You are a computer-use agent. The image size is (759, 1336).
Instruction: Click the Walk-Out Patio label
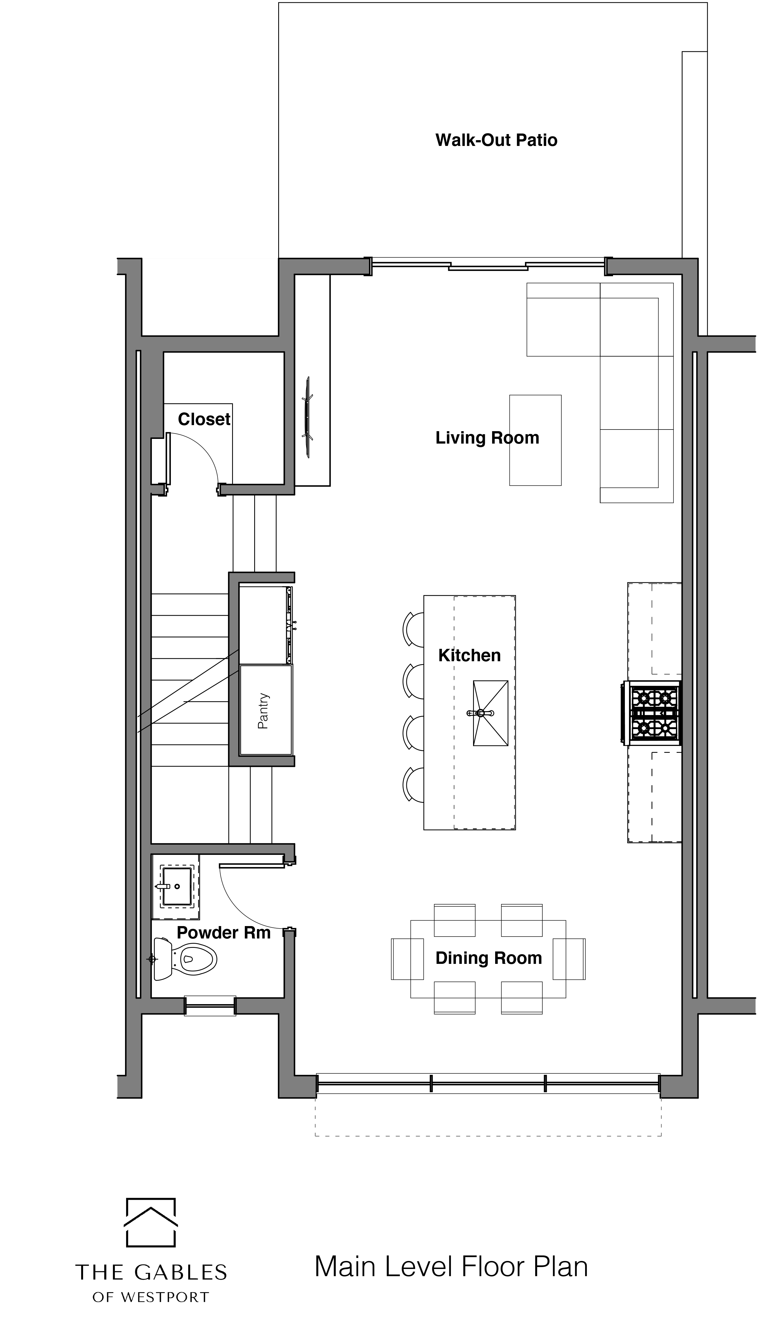[x=496, y=140]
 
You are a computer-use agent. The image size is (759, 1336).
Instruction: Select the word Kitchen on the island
[x=469, y=655]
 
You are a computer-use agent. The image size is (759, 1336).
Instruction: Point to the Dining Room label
[x=489, y=958]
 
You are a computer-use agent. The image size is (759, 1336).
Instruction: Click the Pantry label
[x=263, y=710]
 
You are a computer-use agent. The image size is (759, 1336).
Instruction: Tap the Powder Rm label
[x=224, y=932]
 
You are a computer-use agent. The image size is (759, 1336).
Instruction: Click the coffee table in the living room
[x=535, y=440]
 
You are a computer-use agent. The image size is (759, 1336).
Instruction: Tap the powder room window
[x=210, y=1006]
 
